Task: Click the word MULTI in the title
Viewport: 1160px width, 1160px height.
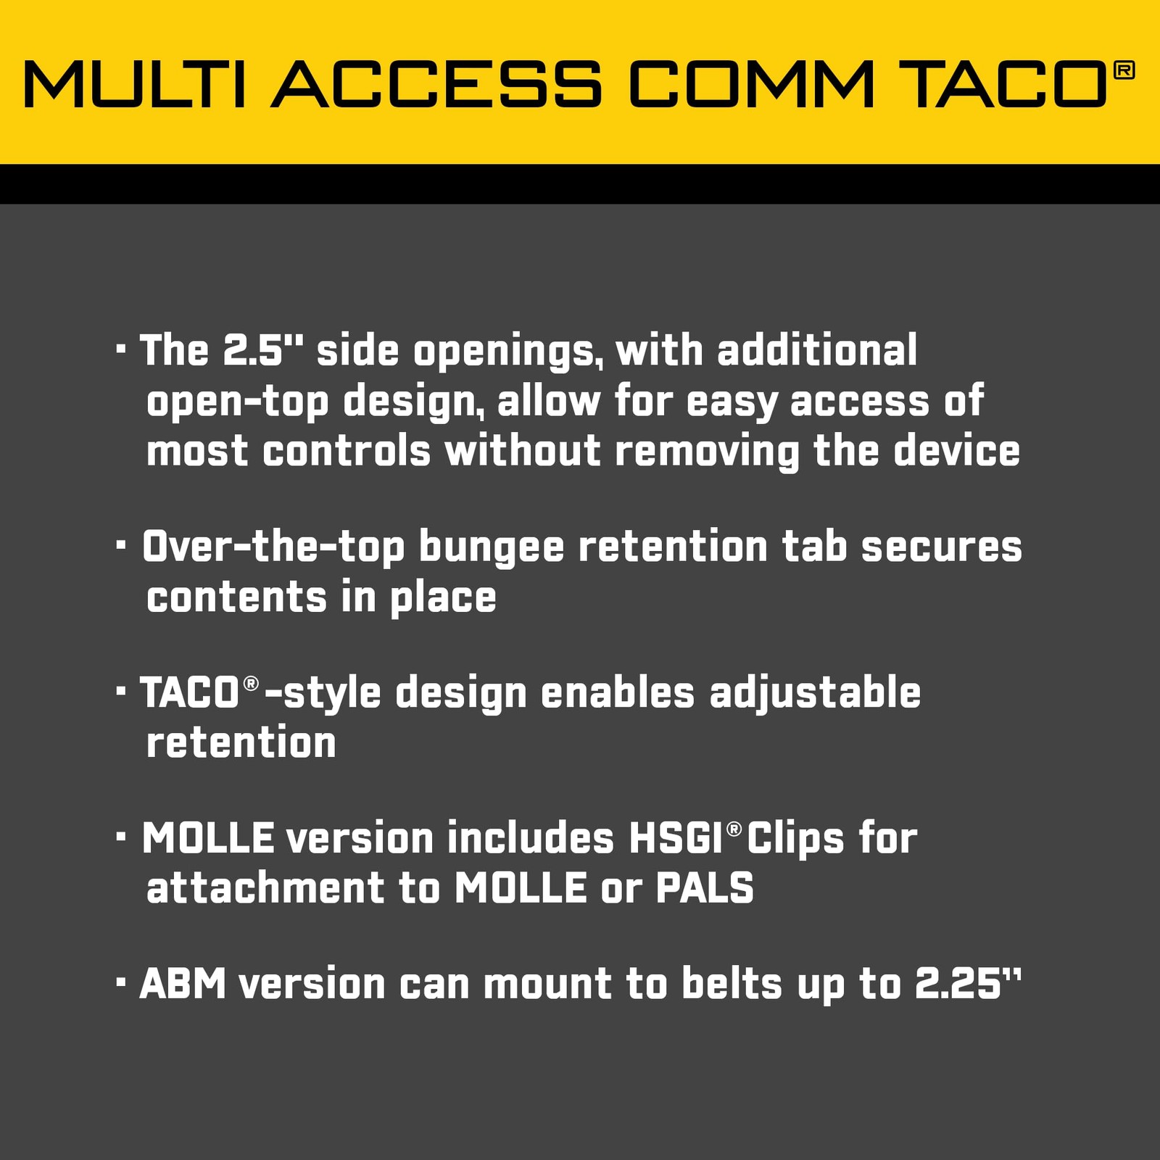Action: click(135, 84)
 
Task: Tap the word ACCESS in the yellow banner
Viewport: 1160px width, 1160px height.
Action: click(437, 84)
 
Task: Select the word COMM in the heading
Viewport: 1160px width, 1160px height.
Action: click(752, 84)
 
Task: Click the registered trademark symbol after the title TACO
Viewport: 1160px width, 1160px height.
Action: click(1123, 70)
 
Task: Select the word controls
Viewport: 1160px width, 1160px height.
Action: click(347, 451)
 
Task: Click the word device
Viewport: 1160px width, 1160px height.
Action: click(956, 451)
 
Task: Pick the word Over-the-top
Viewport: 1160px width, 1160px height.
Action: click(273, 549)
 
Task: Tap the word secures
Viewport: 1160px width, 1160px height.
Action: click(942, 547)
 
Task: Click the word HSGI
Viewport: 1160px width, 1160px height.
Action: click(676, 838)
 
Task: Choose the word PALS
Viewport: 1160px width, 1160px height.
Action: click(705, 888)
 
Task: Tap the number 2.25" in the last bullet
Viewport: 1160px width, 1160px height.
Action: click(968, 984)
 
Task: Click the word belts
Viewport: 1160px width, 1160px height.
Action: click(732, 984)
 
